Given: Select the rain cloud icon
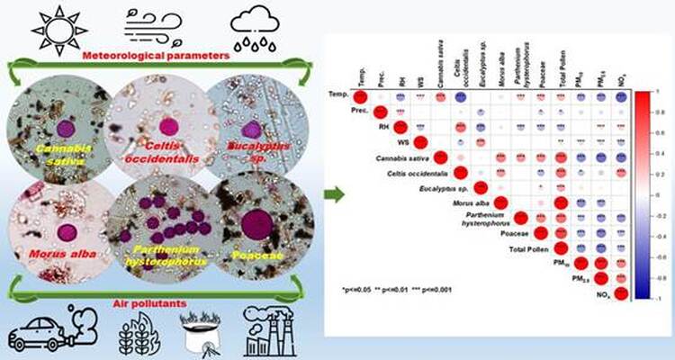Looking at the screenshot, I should tap(254, 28).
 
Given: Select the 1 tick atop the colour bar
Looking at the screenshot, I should tap(658, 92).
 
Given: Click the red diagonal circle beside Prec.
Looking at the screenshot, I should tap(379, 112).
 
